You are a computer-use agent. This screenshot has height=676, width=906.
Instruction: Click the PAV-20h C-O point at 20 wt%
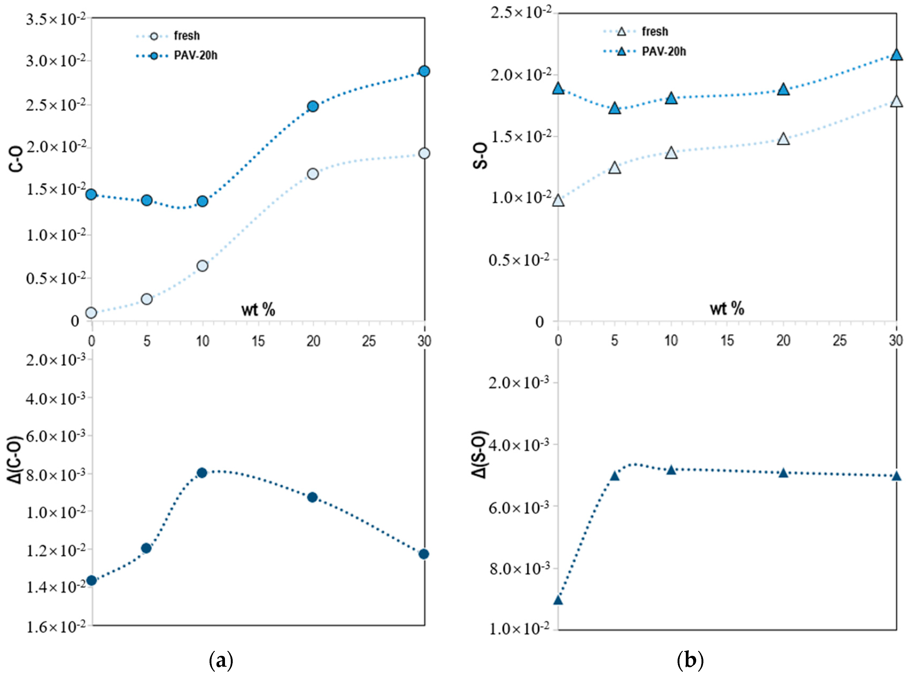312,107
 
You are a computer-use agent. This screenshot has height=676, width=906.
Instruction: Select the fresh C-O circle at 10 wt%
202,266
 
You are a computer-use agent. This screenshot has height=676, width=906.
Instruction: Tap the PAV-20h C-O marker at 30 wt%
424,71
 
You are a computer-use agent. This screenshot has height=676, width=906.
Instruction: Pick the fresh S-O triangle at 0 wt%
558,201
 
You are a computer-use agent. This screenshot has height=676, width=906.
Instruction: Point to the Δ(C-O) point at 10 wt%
202,473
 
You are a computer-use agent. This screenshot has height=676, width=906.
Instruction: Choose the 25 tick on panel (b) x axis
840,341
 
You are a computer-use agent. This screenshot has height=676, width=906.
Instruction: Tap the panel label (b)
691,660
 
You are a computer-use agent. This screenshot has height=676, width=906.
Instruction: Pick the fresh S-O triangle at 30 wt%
896,101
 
